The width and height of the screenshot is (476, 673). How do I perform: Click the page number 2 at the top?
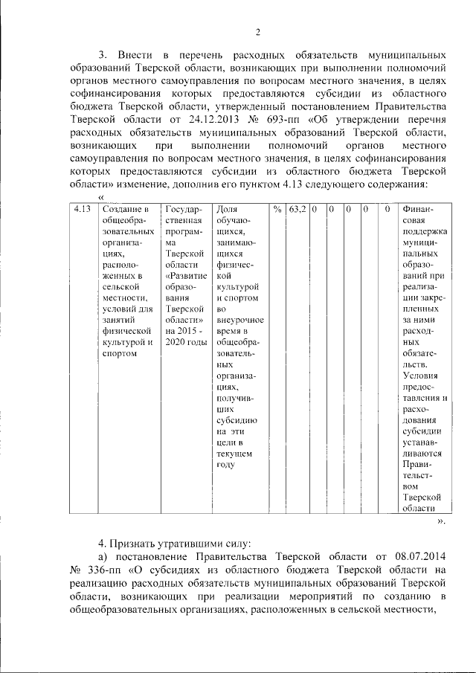[258, 31]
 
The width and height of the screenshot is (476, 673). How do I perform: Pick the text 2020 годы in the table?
[186, 343]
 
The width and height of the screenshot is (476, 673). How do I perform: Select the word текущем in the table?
[234, 453]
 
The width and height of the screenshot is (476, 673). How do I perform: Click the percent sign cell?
[277, 210]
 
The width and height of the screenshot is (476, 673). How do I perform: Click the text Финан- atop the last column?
[418, 210]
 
